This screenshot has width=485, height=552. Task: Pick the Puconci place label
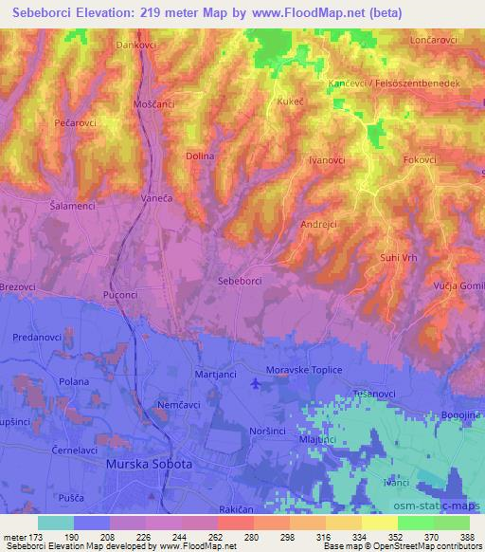[x=129, y=294]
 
